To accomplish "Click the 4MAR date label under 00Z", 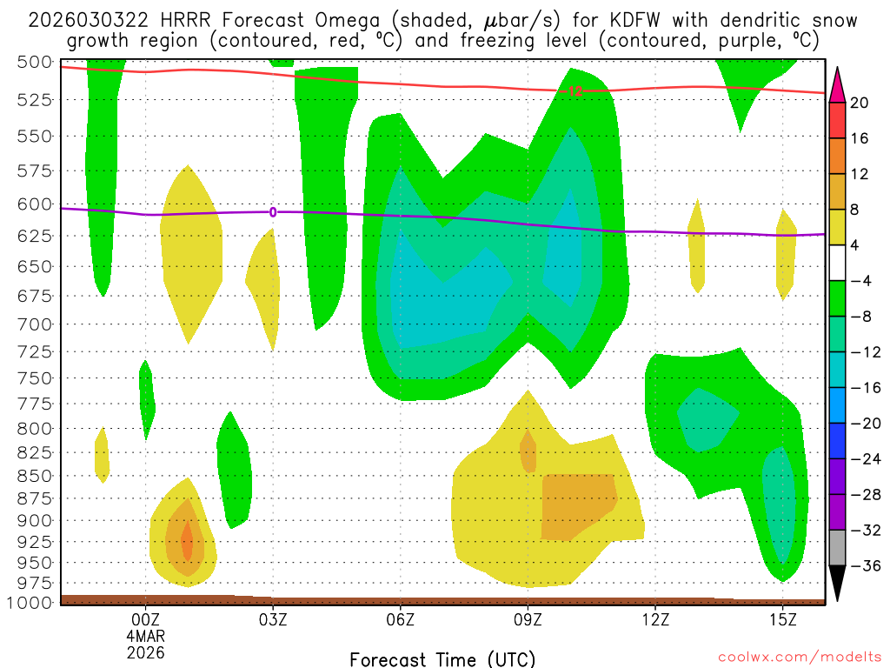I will (x=145, y=635).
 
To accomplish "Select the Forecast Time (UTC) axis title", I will (x=442, y=658).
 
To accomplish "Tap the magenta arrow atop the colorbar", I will (x=838, y=83).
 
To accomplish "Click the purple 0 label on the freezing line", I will (x=273, y=211).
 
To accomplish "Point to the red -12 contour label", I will (x=574, y=90).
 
